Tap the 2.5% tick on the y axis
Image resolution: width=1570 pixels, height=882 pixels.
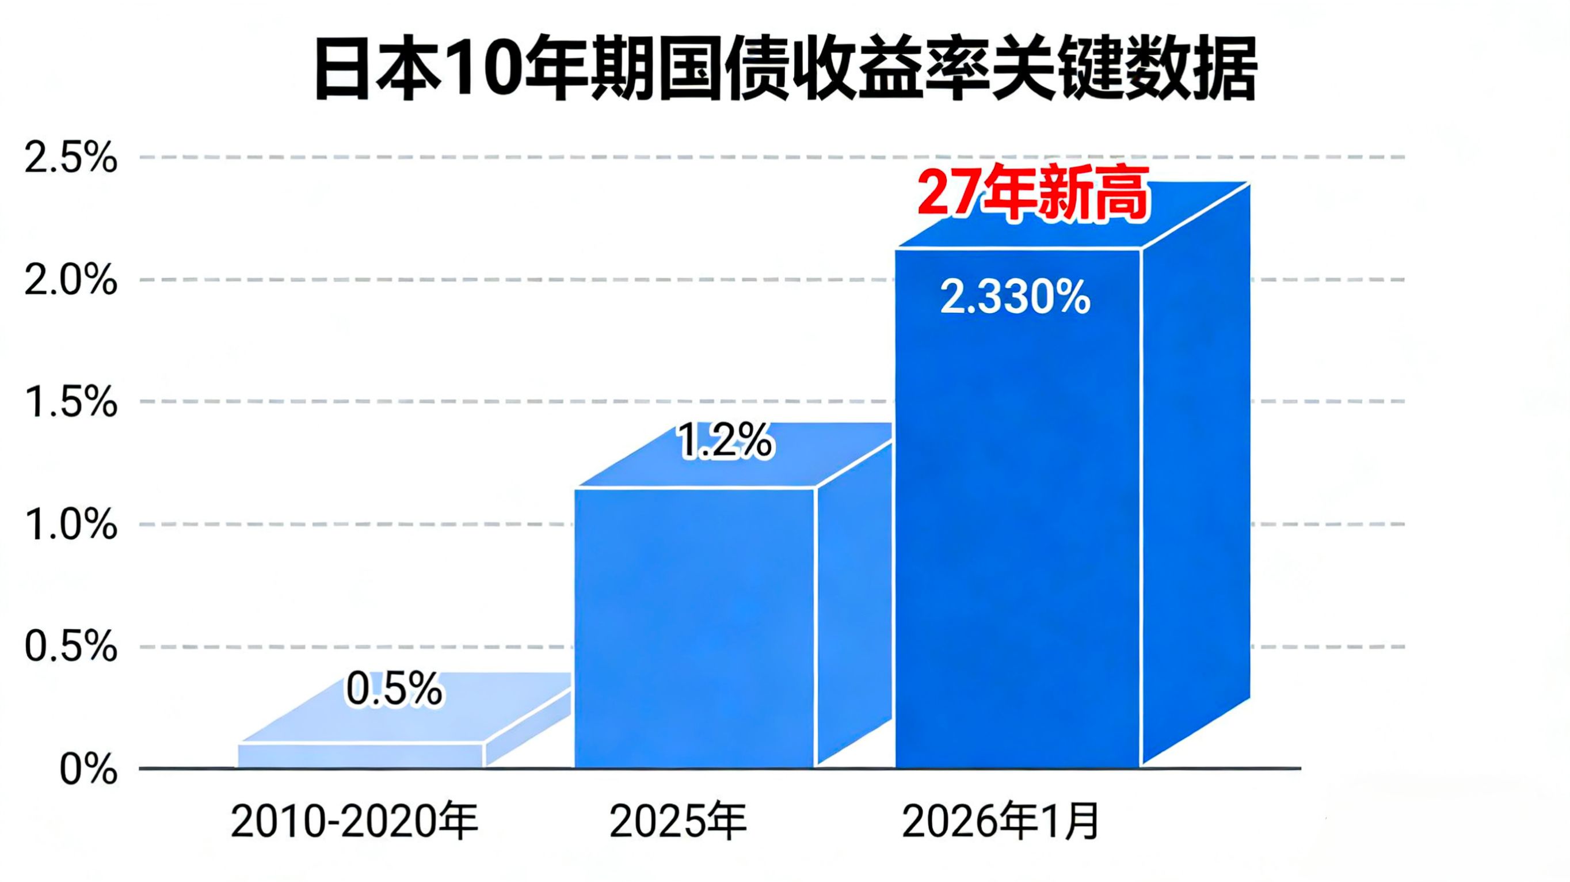coord(71,158)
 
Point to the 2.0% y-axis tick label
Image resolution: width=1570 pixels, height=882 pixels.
coord(71,281)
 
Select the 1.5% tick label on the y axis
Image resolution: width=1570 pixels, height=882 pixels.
coord(71,403)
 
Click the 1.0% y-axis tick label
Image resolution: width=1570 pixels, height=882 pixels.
coord(71,526)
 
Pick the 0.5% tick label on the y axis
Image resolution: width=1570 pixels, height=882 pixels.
coord(71,647)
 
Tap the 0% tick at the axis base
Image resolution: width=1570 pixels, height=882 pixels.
coord(89,770)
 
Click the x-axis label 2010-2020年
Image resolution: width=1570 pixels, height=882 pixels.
coord(354,822)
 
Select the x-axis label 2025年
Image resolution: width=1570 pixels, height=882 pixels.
coord(678,822)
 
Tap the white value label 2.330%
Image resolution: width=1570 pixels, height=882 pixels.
coord(1015,298)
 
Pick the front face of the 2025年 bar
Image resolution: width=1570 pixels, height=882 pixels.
coord(695,628)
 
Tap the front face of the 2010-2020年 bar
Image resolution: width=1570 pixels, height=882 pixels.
coord(360,756)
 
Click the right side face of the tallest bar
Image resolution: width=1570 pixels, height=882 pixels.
coord(1195,476)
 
